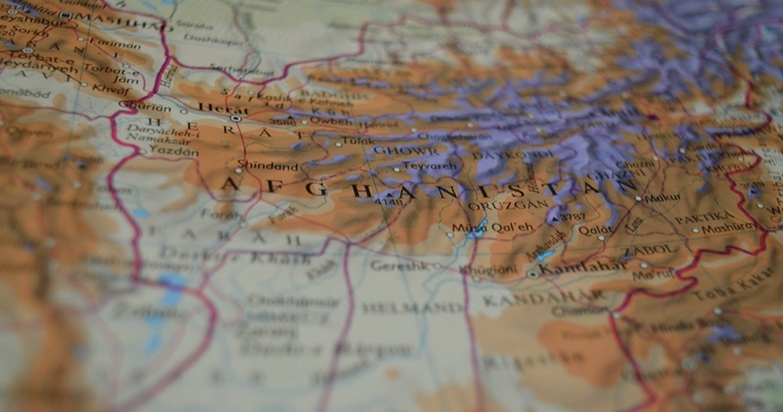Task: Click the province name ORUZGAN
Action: [x=494, y=206]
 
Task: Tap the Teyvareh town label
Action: [x=432, y=166]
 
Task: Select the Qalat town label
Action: [x=597, y=231]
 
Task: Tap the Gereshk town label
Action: [x=398, y=265]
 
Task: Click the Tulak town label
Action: [x=358, y=141]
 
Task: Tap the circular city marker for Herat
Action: [x=236, y=118]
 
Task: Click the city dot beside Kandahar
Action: [x=531, y=275]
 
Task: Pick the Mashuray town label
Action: [x=730, y=225]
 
